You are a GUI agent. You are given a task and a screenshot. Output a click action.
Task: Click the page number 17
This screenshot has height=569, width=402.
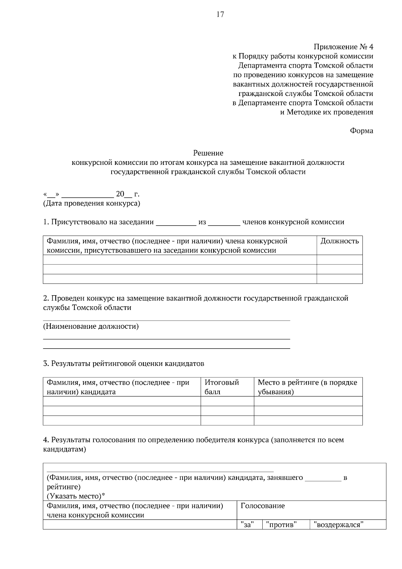point(220,14)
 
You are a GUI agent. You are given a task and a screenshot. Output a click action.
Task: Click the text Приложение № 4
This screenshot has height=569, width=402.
point(343,47)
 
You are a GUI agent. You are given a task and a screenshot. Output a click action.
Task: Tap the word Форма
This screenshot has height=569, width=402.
point(361,131)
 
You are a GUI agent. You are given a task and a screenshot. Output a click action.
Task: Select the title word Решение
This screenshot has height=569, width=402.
point(208,153)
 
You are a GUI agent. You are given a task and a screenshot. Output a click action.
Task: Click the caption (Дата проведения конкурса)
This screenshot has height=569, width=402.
point(91,203)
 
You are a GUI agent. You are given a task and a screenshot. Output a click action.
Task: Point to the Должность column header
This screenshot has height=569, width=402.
point(339,241)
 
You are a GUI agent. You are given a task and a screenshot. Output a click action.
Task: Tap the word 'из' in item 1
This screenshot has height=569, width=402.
point(202,222)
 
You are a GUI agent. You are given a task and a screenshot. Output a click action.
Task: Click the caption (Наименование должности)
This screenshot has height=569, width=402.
point(91,326)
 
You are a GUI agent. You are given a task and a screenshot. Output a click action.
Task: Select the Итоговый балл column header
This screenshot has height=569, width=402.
point(221,387)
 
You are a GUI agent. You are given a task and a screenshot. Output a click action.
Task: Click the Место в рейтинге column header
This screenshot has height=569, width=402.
point(308,387)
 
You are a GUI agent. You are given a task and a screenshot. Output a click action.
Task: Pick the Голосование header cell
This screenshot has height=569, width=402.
point(263,506)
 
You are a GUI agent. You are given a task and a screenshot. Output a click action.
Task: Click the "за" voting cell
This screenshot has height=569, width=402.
point(247,525)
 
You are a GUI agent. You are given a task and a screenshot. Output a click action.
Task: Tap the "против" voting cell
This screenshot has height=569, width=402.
point(281,525)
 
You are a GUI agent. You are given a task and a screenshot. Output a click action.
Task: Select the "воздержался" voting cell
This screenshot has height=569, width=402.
point(339,525)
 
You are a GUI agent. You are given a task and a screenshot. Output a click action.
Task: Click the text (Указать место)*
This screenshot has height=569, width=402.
point(75,496)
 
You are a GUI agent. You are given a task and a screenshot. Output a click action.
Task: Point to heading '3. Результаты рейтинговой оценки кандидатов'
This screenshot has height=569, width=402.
point(124,364)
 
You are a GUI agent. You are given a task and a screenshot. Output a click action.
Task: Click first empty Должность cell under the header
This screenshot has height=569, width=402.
point(339,260)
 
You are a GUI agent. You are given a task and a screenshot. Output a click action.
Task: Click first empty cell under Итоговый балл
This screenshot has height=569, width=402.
point(227,401)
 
